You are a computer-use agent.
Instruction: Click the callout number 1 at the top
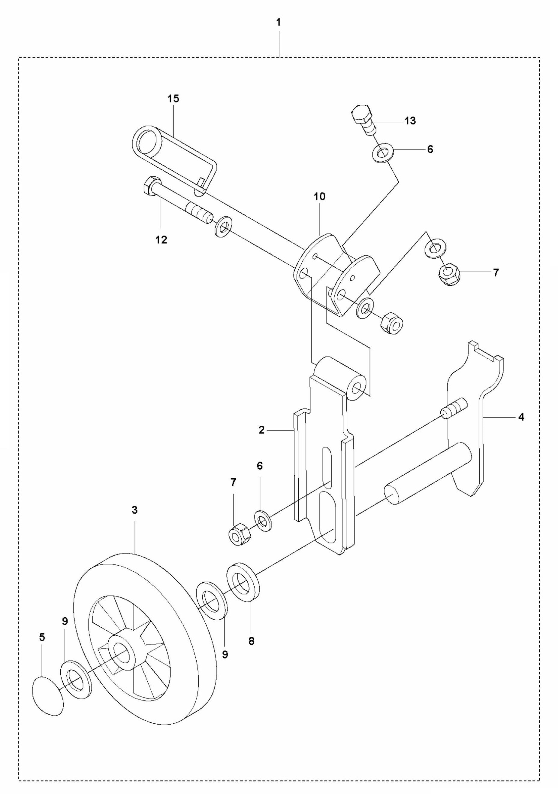[279, 23]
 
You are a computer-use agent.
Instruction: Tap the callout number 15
[173, 99]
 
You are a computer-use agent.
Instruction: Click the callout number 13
[410, 121]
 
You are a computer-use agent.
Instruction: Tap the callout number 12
[161, 240]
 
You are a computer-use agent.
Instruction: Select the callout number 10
[320, 197]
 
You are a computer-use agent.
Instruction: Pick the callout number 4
[521, 417]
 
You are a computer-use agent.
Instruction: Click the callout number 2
[261, 430]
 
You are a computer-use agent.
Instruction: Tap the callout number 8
[251, 641]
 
